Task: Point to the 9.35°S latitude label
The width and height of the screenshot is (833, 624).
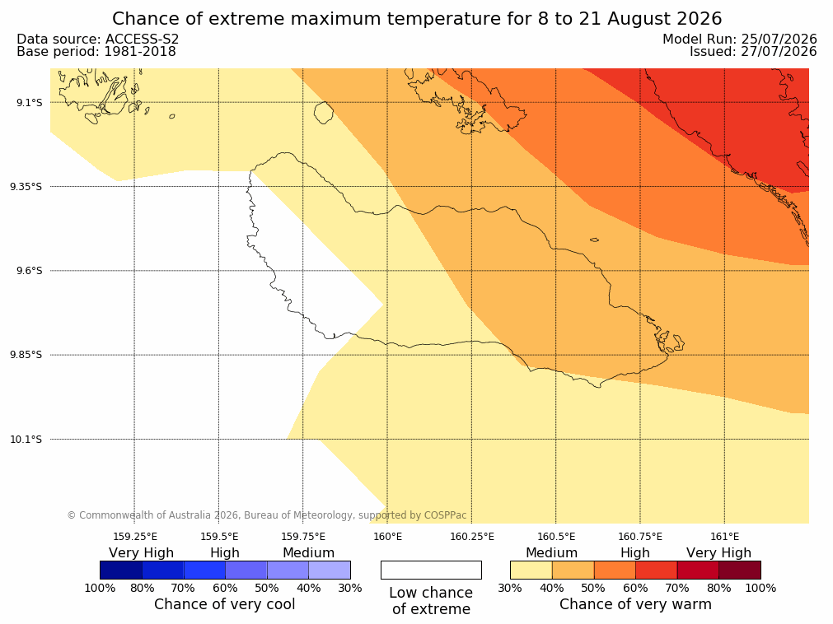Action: tap(26, 187)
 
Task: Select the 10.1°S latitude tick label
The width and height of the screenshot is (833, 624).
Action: tap(26, 440)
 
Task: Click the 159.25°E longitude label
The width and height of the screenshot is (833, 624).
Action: tap(135, 537)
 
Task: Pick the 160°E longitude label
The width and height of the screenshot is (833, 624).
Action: tap(388, 537)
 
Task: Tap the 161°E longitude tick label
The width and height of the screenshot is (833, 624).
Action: tap(724, 537)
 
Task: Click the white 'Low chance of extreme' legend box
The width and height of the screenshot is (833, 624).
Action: tap(432, 570)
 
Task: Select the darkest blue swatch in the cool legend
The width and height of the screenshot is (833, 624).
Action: tap(121, 570)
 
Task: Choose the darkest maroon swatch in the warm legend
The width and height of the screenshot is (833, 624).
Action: tap(740, 570)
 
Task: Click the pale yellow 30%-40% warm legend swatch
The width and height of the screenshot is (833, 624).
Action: tap(531, 570)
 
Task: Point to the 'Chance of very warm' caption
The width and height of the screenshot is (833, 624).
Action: tap(635, 604)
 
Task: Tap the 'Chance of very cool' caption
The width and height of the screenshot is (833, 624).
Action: tap(225, 604)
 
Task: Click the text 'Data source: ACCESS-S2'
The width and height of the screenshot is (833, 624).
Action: tap(98, 40)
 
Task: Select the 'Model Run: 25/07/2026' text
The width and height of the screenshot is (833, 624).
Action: tap(740, 40)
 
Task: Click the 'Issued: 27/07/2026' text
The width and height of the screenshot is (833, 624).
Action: tap(753, 52)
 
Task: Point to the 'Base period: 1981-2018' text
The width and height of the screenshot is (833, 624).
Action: tap(96, 52)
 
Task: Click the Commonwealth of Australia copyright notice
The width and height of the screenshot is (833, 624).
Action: tap(267, 515)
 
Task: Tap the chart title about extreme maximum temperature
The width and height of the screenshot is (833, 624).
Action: tap(417, 19)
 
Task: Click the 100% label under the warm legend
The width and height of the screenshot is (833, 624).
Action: tap(760, 588)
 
